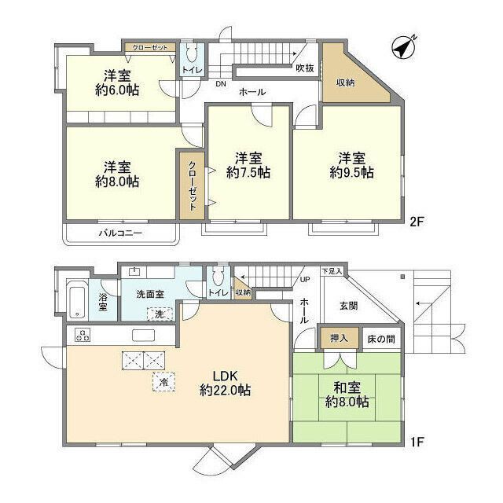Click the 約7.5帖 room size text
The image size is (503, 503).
[248, 172]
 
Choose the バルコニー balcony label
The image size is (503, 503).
[119, 233]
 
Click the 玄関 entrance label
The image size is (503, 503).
[349, 306]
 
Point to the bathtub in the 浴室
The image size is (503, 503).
[76, 299]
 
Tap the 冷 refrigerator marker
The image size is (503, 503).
[163, 383]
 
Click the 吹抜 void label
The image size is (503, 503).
[305, 68]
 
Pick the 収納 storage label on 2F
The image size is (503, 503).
[346, 81]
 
